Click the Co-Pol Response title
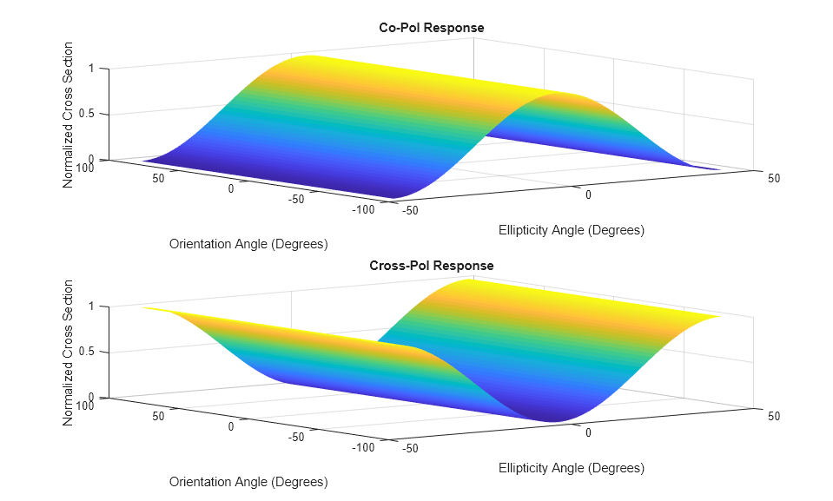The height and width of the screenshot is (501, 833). click(x=432, y=28)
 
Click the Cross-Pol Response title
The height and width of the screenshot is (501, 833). click(x=432, y=266)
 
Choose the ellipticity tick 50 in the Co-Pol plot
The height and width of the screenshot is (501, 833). click(x=774, y=178)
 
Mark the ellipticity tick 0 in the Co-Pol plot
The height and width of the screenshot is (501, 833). click(x=588, y=195)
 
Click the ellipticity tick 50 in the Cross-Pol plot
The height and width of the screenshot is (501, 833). click(x=774, y=416)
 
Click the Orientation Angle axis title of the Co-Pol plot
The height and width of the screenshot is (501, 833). click(x=248, y=244)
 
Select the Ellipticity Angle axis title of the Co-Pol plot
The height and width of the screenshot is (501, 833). click(x=572, y=230)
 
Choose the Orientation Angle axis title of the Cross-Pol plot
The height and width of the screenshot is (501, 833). click(x=248, y=482)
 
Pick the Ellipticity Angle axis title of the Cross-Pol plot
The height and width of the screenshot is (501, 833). click(x=572, y=468)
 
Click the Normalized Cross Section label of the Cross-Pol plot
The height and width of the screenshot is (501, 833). click(x=69, y=352)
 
